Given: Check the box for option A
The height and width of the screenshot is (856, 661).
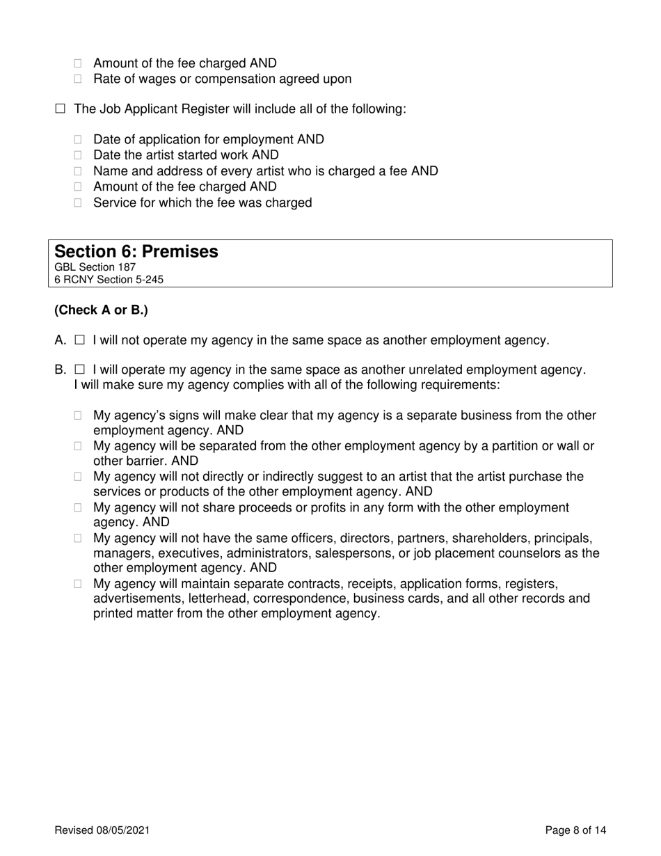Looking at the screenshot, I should [x=79, y=340].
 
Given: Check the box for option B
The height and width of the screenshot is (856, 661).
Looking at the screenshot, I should [x=79, y=370].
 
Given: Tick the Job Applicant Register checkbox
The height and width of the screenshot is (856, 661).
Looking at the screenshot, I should [x=60, y=109].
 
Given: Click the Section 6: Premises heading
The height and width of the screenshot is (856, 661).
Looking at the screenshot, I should [x=136, y=252].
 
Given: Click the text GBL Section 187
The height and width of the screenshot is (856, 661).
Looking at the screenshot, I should [x=95, y=267].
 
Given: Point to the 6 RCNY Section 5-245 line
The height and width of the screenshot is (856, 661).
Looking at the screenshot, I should [x=109, y=280].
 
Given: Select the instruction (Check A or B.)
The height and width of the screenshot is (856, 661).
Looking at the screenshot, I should [x=101, y=310].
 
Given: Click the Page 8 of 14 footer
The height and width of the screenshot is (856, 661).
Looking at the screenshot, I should [x=575, y=830].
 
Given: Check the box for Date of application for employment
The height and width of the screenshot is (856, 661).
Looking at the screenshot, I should [x=79, y=140].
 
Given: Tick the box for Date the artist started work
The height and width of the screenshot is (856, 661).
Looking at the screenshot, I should [x=79, y=155].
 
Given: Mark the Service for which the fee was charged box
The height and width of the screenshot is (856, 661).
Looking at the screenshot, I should [x=79, y=203].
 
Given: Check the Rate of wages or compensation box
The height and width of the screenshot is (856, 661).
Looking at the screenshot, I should [x=79, y=79].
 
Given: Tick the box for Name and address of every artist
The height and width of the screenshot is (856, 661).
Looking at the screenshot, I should [x=79, y=171].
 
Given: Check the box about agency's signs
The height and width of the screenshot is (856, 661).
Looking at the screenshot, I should [x=79, y=416].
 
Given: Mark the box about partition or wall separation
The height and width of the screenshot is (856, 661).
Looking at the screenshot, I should [x=79, y=447].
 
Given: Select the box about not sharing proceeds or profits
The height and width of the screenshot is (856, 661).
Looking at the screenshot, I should [x=79, y=509].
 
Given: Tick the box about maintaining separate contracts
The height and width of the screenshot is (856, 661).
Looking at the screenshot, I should [x=79, y=584].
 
